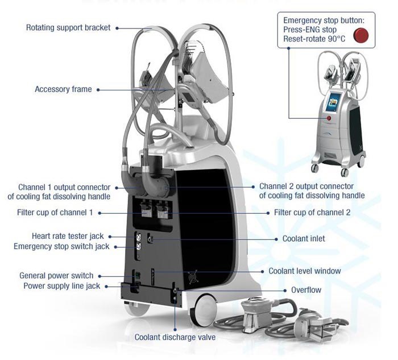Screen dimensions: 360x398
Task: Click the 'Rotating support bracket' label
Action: click(x=68, y=27)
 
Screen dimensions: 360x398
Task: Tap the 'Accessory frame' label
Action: click(x=63, y=89)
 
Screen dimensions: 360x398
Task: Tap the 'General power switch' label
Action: click(x=56, y=276)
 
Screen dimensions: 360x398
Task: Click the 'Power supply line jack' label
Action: click(x=61, y=286)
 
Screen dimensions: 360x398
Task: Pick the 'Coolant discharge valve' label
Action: click(x=175, y=337)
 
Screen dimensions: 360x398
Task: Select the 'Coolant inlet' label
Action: click(x=304, y=239)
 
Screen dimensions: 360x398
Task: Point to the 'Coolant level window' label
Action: click(x=305, y=271)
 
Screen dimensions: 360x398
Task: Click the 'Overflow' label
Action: click(x=306, y=290)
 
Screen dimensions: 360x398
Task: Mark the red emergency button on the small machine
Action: click(x=329, y=118)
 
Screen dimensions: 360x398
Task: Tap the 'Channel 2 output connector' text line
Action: click(x=306, y=187)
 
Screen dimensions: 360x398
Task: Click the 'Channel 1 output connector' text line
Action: click(x=64, y=187)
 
